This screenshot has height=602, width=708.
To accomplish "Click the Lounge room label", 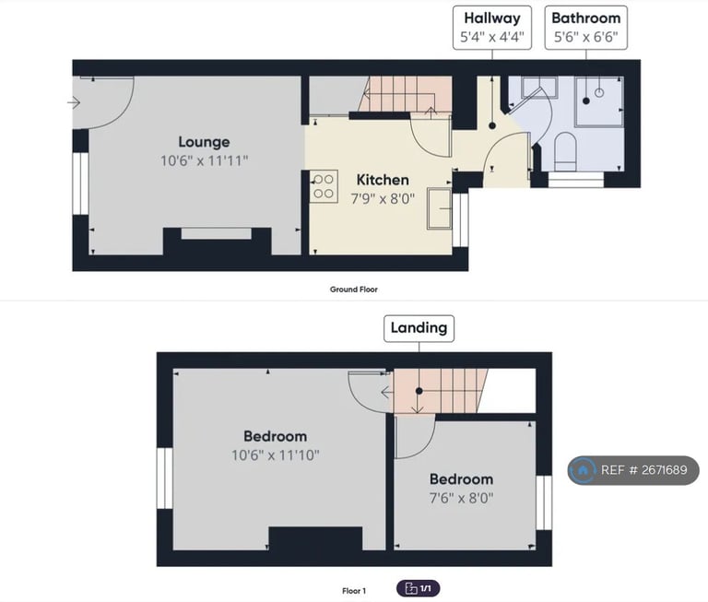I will (204, 142).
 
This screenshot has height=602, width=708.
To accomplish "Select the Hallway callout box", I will (491, 28).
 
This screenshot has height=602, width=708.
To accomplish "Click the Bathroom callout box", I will (585, 28).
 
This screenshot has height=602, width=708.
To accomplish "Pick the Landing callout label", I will (419, 327).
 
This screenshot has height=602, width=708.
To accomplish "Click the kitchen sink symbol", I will (438, 210).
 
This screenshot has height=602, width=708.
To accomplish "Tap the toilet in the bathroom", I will (565, 150).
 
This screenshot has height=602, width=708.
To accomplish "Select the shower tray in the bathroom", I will (600, 100).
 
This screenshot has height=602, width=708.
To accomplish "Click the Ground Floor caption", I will (354, 289).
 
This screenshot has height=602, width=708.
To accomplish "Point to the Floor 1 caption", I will (354, 590).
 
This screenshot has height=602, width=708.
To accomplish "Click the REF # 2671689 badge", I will (633, 470).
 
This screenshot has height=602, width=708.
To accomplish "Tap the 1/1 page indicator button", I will (419, 588).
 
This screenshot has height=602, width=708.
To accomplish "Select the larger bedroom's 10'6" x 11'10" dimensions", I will (276, 454).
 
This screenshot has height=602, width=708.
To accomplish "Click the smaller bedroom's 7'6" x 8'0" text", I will (461, 498).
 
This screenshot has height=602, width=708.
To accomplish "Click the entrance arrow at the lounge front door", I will (74, 102).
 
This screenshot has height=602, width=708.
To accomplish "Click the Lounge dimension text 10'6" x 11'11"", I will (204, 160).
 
